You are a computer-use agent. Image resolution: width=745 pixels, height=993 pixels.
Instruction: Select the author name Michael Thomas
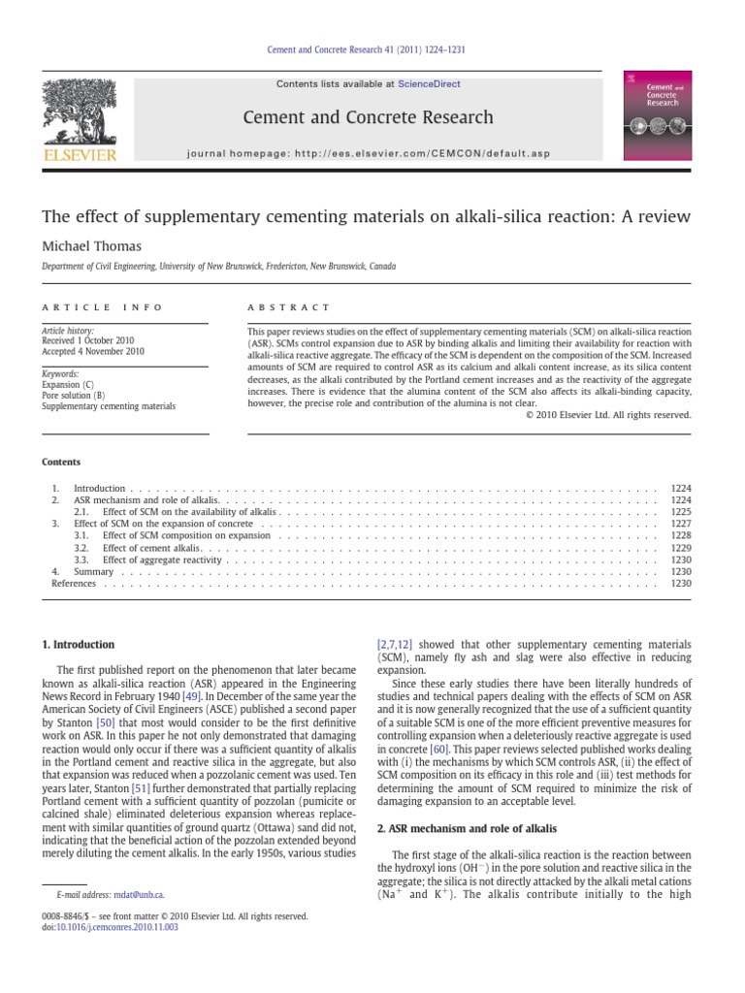pyautogui.click(x=90, y=246)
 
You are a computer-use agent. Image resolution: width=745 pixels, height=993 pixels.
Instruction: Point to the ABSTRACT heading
pyautogui.click(x=289, y=306)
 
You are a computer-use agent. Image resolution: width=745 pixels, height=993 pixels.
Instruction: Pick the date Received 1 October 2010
pyautogui.click(x=92, y=341)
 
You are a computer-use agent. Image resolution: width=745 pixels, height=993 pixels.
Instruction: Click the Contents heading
pyautogui.click(x=61, y=462)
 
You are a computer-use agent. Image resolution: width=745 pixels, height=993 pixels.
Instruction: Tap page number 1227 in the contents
pyautogui.click(x=681, y=523)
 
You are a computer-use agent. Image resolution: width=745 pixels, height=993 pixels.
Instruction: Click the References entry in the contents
pyautogui.click(x=74, y=584)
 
